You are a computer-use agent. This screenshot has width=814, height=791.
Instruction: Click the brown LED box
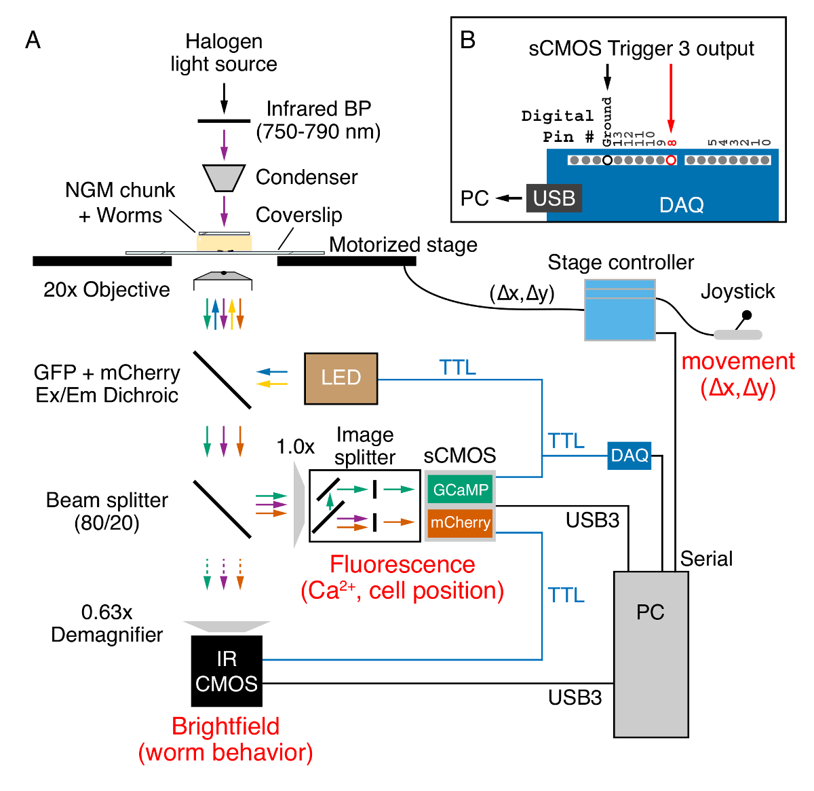341,378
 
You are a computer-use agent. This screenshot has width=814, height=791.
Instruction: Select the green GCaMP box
461,490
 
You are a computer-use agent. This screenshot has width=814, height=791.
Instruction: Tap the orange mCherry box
461,523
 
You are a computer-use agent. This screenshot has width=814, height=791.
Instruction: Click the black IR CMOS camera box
227,671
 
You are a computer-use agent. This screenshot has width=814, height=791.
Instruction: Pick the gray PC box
651,654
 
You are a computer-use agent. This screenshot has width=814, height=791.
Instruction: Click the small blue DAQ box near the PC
629,455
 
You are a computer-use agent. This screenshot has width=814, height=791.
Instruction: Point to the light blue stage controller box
620,310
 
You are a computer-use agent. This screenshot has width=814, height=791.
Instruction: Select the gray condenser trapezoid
224,177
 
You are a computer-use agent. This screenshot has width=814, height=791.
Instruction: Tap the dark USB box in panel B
554,198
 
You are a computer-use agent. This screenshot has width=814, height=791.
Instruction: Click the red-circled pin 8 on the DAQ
671,160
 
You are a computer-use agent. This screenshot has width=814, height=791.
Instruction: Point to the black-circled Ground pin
607,160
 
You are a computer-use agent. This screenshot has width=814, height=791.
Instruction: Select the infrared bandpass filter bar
224,122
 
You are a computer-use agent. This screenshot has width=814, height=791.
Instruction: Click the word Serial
706,559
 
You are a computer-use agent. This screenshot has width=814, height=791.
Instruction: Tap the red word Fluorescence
402,564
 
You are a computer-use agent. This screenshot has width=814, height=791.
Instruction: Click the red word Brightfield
225,726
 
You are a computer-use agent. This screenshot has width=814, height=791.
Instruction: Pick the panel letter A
33,41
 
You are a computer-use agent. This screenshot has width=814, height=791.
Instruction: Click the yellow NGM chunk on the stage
224,242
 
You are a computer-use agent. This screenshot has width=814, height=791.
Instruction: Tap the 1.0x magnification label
295,447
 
